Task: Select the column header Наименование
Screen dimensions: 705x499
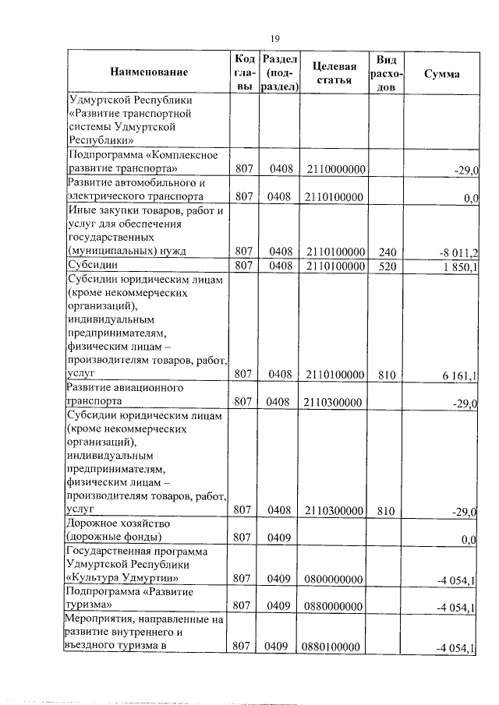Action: [149, 73]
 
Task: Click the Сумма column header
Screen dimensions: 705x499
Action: [441, 73]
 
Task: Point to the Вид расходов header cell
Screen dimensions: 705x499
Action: [386, 73]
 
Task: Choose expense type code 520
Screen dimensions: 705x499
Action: [387, 266]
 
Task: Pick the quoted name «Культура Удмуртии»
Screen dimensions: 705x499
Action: [123, 579]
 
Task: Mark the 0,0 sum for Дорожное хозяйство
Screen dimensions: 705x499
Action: [469, 539]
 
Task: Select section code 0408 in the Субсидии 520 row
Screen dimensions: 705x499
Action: [279, 266]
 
